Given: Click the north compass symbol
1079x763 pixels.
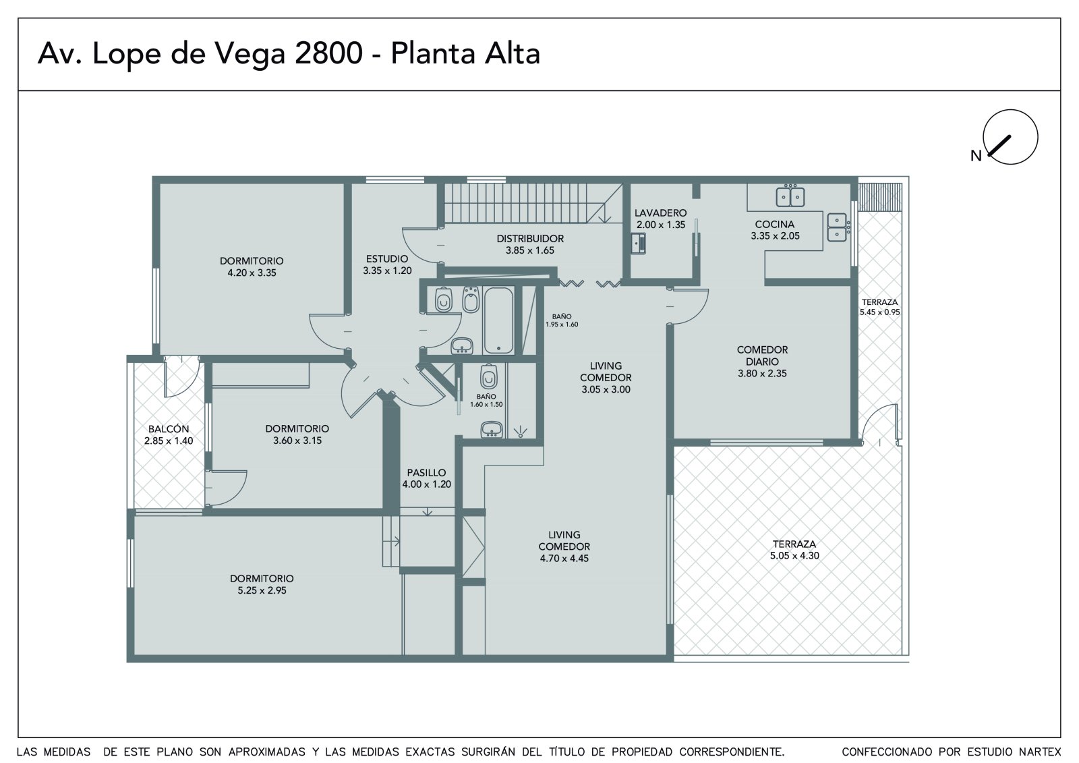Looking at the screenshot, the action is [1010, 137].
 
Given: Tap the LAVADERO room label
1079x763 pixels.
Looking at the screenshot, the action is [660, 213].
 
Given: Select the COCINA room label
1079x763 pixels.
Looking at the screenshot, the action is [775, 224].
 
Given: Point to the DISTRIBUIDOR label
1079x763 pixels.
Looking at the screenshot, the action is [530, 239].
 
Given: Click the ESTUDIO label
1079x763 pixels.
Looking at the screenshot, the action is [387, 259].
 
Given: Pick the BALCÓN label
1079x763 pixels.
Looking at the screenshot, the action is [169, 428].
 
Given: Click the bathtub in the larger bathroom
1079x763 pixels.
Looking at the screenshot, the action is [498, 320].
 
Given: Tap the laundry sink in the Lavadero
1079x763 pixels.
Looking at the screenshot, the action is [639, 244].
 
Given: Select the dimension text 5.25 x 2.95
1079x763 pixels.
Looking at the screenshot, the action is [262, 590].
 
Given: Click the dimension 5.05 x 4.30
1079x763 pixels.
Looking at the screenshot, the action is [794, 555].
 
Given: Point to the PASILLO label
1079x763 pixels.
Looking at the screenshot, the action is [426, 472].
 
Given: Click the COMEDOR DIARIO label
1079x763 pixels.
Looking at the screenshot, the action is [762, 356].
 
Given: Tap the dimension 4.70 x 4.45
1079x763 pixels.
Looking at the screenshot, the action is [564, 558].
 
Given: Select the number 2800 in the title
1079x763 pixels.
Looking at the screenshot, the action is [328, 53].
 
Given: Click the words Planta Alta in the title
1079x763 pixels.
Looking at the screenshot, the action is [465, 53].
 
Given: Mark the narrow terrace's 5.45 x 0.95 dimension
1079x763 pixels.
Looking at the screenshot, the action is [879, 312].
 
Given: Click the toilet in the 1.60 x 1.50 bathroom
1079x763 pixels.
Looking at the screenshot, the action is [488, 376].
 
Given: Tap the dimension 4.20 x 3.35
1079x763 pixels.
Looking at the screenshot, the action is [252, 273].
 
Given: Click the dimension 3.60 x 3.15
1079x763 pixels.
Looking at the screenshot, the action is [297, 441].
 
